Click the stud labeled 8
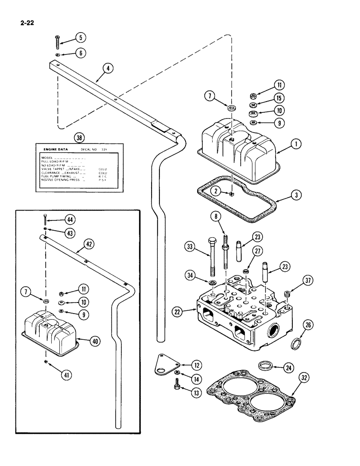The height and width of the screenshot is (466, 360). coord(226,248)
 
